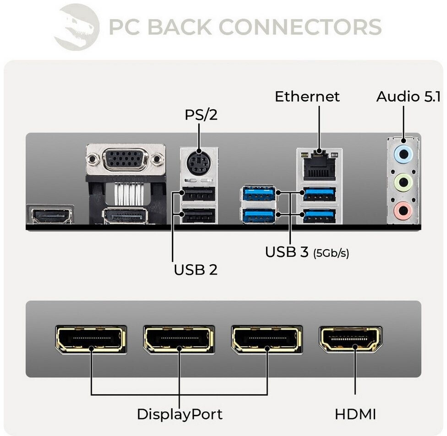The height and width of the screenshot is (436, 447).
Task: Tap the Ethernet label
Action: click(307, 97)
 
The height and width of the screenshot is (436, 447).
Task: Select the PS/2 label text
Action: click(201, 114)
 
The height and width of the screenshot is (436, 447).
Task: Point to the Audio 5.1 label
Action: click(409, 97)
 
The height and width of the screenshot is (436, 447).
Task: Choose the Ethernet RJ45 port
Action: click(319, 167)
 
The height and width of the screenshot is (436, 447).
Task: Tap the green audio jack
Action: click(403, 183)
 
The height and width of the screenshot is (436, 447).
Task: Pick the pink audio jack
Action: click(403, 211)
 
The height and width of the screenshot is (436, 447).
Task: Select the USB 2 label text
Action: click(195, 269)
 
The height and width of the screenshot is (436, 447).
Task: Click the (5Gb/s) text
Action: click(331, 253)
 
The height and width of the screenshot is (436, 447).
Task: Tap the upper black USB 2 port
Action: click(198, 195)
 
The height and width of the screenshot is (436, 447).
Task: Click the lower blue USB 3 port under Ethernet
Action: click(319, 214)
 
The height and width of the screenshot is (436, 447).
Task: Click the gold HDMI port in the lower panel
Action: click(350, 339)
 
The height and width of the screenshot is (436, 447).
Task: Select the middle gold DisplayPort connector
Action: click(179, 339)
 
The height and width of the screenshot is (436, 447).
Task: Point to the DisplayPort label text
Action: click(180, 414)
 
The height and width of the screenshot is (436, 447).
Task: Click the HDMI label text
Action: click(355, 414)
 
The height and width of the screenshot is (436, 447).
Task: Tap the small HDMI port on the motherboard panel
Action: click(51, 214)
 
